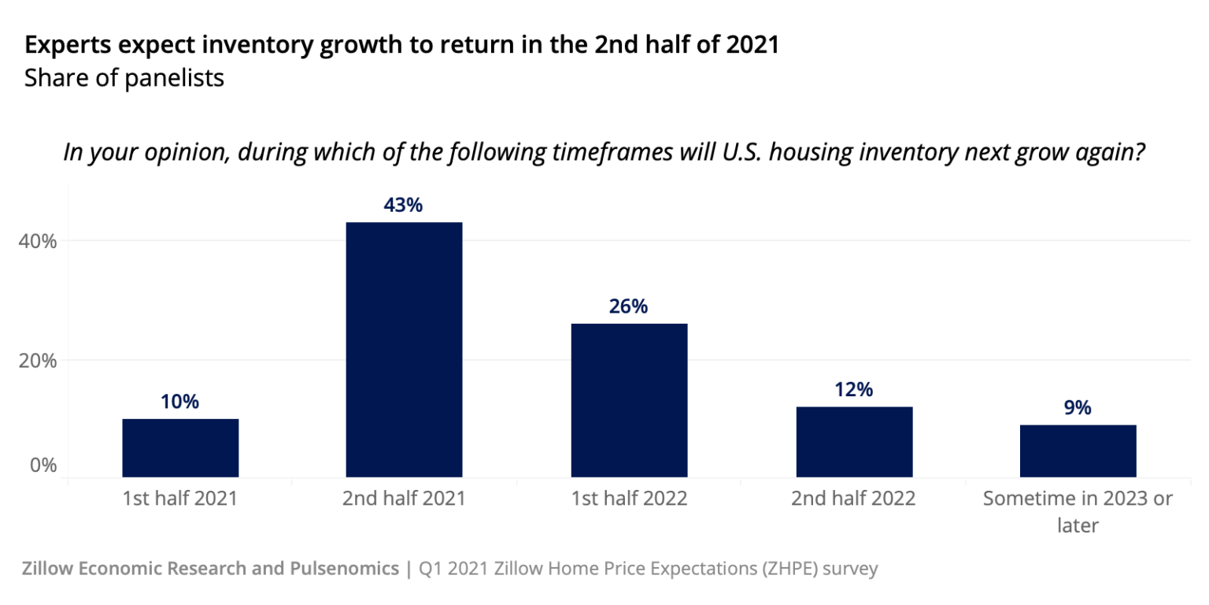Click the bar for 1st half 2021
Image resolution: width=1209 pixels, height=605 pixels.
tap(180, 447)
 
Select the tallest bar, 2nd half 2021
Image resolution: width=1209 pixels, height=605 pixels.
tap(404, 350)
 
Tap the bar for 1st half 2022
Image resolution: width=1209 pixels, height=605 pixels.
tap(628, 400)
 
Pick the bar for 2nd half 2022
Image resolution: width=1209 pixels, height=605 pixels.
tap(854, 442)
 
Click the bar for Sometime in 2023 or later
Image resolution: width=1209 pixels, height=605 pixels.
tap(1078, 451)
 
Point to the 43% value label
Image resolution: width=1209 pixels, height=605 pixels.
tap(404, 206)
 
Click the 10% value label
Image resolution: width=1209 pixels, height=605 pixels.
tap(180, 402)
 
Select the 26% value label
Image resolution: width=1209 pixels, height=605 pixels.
tap(628, 306)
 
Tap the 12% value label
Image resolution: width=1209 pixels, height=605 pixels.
tap(854, 390)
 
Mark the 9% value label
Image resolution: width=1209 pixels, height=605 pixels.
tap(1078, 408)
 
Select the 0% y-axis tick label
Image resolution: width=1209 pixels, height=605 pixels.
tap(43, 465)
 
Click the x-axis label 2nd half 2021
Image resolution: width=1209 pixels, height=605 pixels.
tap(404, 499)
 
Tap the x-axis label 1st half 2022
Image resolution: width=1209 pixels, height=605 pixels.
tap(628, 499)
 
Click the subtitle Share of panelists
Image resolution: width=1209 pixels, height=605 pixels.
tap(124, 79)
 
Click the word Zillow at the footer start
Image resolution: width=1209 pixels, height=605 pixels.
tap(49, 568)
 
